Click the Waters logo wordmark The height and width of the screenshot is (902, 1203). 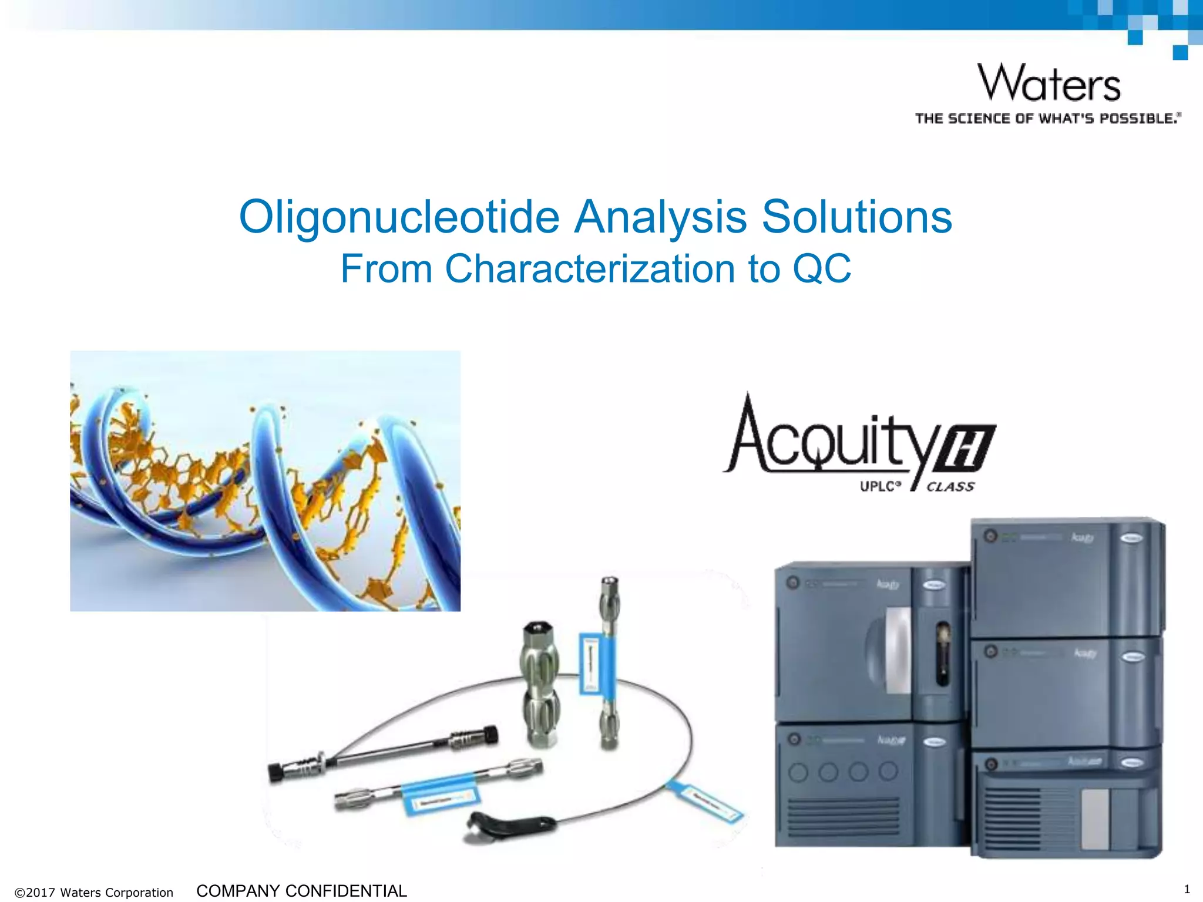[1049, 83]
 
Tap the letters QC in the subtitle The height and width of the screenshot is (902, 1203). [821, 269]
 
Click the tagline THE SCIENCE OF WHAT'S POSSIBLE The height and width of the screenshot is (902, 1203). [1047, 119]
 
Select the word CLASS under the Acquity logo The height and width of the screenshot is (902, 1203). [950, 487]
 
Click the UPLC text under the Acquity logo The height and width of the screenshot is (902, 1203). [879, 487]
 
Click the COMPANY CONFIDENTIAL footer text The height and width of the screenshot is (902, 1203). [301, 891]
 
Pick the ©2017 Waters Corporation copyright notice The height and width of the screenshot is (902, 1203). [94, 893]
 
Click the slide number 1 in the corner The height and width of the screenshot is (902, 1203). [1187, 888]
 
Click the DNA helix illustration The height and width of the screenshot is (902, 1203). [265, 480]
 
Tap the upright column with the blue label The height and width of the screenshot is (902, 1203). [609, 664]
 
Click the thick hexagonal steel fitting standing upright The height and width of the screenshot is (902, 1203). [539, 684]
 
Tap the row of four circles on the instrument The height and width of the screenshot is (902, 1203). [843, 771]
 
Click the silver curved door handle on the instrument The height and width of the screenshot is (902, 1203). [898, 649]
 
